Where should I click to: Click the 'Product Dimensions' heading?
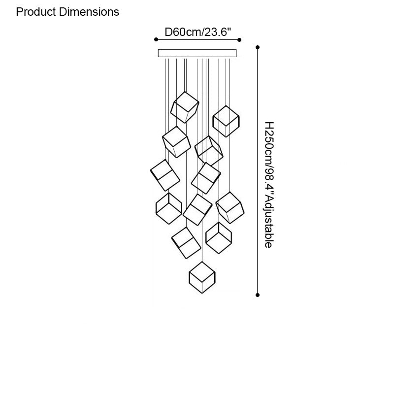67,12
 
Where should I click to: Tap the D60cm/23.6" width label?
197,33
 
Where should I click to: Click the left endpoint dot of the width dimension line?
156,39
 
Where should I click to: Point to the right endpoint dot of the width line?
239,39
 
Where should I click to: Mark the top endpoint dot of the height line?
257,48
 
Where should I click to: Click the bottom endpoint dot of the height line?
257,295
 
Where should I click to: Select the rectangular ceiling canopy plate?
197,53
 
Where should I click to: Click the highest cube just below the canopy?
185,107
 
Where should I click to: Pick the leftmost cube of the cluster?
164,175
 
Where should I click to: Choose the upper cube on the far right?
226,121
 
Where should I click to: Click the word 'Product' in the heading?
35,12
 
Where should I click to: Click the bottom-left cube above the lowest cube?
186,243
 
